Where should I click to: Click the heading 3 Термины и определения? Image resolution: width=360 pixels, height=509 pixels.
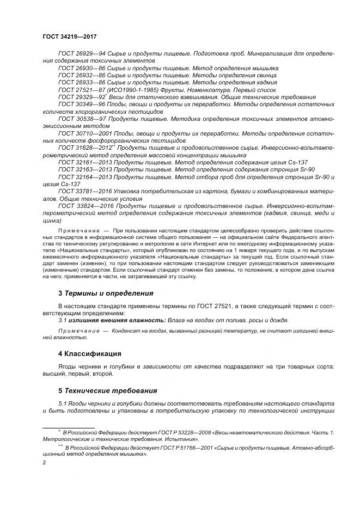point(106,293)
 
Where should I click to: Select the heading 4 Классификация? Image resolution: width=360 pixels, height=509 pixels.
point(89,353)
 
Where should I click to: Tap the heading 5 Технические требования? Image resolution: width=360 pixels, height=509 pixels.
point(107,390)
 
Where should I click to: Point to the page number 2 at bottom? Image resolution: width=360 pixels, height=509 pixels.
point(44,462)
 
